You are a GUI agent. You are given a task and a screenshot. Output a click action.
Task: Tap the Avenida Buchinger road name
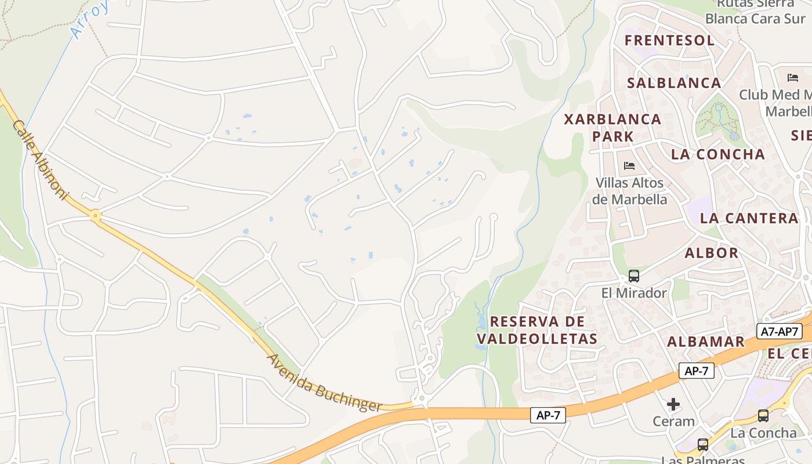coord(325,383)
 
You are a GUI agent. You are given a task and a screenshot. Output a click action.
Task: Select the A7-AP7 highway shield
coord(780,332)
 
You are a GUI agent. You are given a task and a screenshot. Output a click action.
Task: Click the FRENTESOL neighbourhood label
coord(669,41)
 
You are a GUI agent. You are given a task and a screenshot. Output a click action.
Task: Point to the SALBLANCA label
coord(674,83)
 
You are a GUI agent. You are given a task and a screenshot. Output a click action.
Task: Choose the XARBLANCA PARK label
coord(612,128)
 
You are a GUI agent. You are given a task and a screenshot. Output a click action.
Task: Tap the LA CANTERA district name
coord(749,219)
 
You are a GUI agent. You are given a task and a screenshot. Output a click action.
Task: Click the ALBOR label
coord(711,253)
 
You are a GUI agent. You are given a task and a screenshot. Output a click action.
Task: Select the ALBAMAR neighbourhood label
coord(705,342)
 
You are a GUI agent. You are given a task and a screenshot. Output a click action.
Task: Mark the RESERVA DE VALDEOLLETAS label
coord(536,330)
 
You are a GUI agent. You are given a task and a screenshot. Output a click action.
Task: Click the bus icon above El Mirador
coord(634,276)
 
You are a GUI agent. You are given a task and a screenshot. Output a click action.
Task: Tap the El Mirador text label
coord(634,293)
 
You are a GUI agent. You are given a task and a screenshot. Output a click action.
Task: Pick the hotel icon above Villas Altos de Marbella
coord(629,166)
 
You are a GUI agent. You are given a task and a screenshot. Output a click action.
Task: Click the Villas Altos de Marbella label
coord(629,191)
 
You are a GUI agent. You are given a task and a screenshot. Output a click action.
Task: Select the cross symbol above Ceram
coord(673,404)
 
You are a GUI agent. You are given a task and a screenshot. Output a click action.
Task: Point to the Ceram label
coord(673,422)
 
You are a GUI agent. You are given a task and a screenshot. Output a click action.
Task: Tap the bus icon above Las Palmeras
coord(703,445)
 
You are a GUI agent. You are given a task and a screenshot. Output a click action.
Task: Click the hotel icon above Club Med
coord(793,78)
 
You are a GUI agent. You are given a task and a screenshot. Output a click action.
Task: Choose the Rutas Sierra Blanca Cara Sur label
coord(755,12)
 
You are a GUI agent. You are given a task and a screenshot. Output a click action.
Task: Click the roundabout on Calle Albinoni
coord(96,216)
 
